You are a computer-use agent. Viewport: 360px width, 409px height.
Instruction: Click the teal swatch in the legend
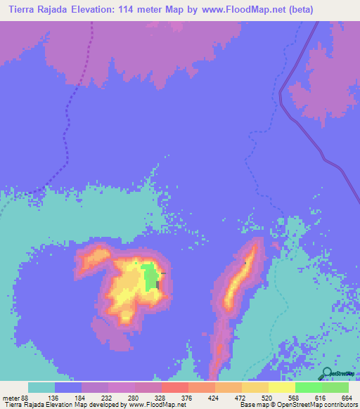pos(41,387)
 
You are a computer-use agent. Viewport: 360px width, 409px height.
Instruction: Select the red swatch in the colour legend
pos(175,387)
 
